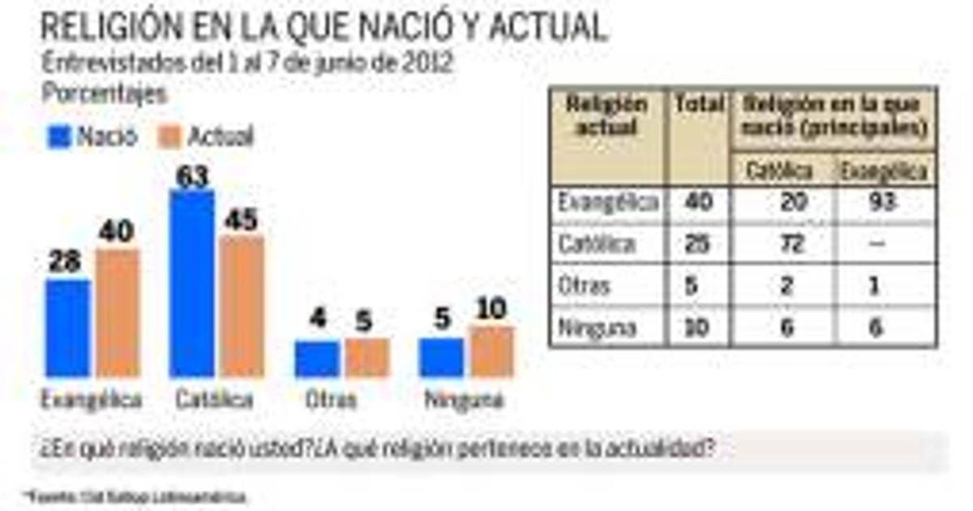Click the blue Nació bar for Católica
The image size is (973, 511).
[191, 284]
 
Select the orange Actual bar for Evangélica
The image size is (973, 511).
[118, 313]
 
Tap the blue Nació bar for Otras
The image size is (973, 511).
[316, 359]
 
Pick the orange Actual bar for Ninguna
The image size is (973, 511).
[491, 352]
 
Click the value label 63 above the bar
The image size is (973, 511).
[192, 177]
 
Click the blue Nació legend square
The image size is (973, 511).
[59, 136]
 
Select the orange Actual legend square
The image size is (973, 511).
[169, 136]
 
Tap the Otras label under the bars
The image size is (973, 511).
[332, 399]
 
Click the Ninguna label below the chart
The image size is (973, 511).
[464, 399]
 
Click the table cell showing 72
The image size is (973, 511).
[787, 244]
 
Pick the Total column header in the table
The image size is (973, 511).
[698, 105]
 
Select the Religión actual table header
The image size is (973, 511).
[607, 117]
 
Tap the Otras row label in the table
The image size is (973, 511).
[583, 286]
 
